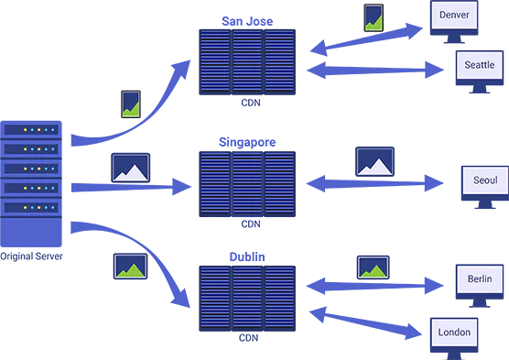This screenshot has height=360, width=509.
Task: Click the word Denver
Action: pos(458,16)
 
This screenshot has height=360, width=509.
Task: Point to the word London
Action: pos(454,332)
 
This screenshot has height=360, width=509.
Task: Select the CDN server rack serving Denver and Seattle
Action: pos(248,63)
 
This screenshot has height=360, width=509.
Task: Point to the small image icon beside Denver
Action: pos(374,18)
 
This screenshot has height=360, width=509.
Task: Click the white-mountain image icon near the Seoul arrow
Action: pos(374,161)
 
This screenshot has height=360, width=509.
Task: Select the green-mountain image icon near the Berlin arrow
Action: pos(374,268)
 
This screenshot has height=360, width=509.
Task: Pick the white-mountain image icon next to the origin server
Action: pos(130,168)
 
